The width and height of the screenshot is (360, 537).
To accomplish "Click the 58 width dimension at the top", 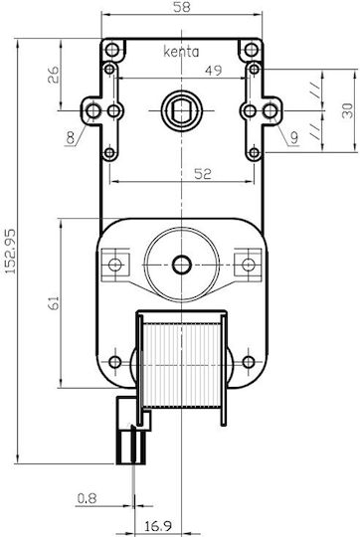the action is [182, 7].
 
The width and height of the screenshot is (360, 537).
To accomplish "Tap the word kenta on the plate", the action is [181, 52].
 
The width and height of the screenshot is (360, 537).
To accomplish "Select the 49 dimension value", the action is [214, 71].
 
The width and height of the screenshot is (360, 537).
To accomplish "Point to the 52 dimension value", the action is [203, 174].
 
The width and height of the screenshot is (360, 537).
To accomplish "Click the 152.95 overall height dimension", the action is [11, 251].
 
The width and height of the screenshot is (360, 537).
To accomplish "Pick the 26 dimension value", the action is [53, 75].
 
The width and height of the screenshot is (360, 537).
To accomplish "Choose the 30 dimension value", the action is [347, 110].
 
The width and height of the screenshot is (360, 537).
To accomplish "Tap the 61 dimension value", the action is [54, 303].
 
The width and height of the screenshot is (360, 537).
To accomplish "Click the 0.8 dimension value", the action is [87, 498].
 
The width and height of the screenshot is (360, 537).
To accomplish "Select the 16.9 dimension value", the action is [158, 526].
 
